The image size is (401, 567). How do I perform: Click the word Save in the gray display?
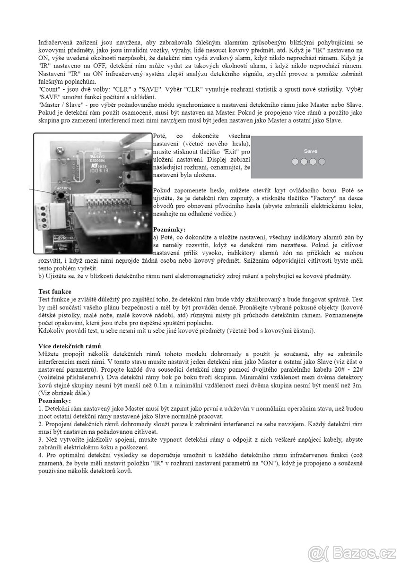point(311,151)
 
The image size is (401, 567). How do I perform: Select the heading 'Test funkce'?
point(55,292)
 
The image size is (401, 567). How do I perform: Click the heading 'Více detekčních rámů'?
point(69,347)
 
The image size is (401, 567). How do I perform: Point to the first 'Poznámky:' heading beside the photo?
point(169,229)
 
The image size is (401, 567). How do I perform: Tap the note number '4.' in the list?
point(41,454)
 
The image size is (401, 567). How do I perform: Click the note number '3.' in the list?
point(41,439)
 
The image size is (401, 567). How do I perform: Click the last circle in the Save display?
point(322,162)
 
